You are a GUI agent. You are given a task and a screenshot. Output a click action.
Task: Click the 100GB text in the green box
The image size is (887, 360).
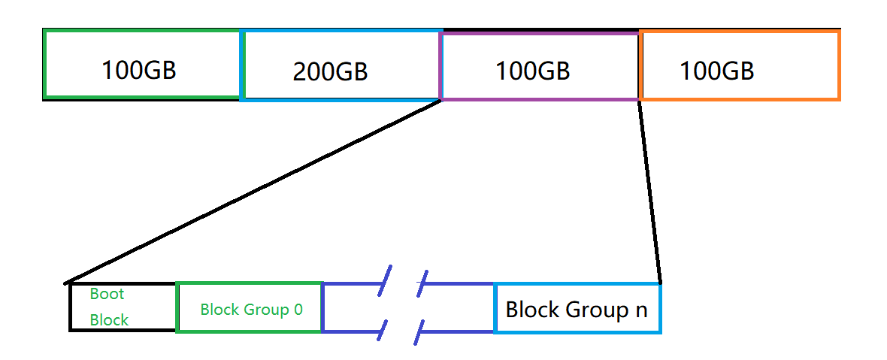coord(139,70)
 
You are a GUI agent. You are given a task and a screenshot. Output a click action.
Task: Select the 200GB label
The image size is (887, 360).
coord(330,71)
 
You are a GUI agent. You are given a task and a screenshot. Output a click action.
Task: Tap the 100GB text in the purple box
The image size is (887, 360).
coord(532,71)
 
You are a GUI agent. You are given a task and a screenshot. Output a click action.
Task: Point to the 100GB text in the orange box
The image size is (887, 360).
coord(716,71)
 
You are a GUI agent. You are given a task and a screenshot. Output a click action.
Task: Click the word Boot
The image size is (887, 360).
coord(107,294)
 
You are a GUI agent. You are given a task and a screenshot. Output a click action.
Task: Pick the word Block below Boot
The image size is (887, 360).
coord(109,319)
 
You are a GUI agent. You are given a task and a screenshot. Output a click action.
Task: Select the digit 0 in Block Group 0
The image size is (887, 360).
coord(298,309)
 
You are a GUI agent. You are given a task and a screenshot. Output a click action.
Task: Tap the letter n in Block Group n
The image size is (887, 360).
coord(640,309)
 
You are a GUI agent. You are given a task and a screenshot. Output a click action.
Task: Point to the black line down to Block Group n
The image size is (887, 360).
coord(649,192)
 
